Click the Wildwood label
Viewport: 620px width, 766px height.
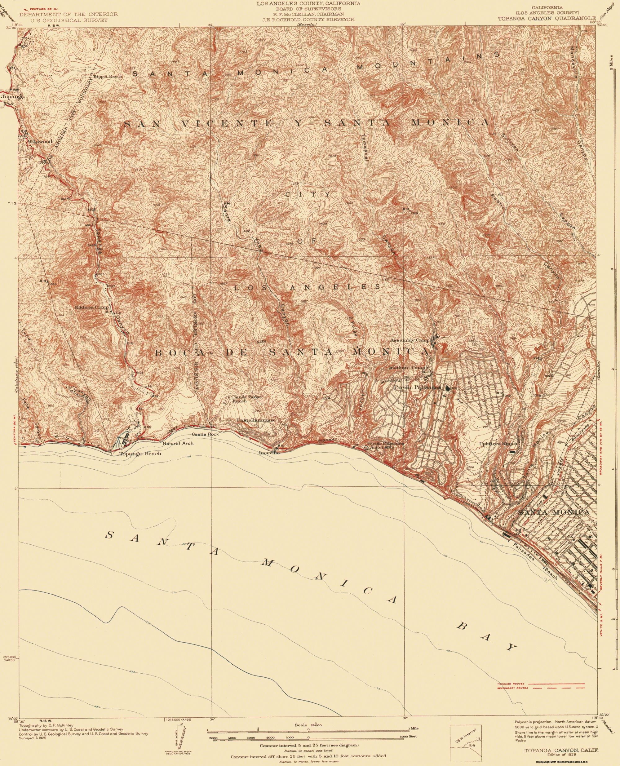click(x=40, y=141)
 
